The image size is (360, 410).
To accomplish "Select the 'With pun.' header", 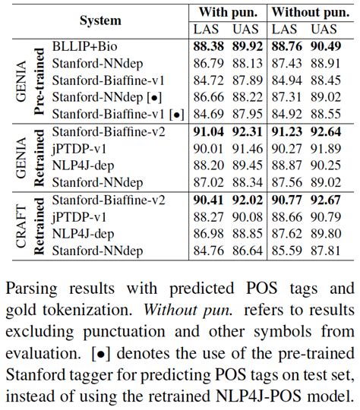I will click(x=227, y=12).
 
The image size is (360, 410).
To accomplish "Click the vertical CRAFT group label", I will click(x=22, y=225).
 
